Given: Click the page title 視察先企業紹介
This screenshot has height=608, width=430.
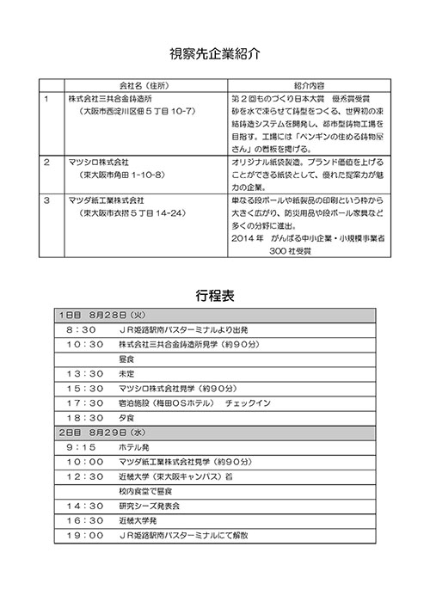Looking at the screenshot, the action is [215, 52].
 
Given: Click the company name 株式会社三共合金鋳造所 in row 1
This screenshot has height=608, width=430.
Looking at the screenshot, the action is [117, 100].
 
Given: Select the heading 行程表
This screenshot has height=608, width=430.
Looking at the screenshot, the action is [215, 296].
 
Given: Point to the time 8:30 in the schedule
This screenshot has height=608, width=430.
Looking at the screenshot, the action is [79, 329].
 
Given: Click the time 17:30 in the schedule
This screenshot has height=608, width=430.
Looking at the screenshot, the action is [83, 402].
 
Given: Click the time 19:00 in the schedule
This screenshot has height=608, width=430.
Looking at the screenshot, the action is [83, 535].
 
